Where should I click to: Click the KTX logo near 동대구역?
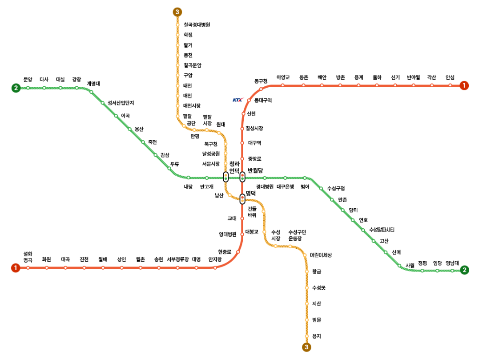pyautogui.click(x=238, y=100)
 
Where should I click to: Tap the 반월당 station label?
pyautogui.click(x=255, y=170)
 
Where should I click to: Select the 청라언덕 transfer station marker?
pyautogui.click(x=225, y=177)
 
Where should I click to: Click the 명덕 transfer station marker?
pyautogui.click(x=242, y=198)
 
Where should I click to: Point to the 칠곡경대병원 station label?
pyautogui.click(x=197, y=25)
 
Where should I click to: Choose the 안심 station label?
pyautogui.click(x=450, y=77)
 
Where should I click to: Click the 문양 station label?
pyautogui.click(x=28, y=80)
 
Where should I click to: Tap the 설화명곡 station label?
pyautogui.click(x=28, y=256)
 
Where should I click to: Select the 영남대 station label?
pyautogui.click(x=452, y=263)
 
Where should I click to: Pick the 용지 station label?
pyautogui.click(x=317, y=336)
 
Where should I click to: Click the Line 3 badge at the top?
pyautogui.click(x=177, y=12)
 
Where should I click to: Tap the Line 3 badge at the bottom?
pyautogui.click(x=306, y=347)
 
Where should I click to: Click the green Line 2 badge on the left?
pyautogui.click(x=16, y=88)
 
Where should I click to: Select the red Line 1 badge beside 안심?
pyautogui.click(x=464, y=85)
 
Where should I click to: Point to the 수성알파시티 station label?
pyautogui.click(x=382, y=230)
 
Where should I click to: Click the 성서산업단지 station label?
pyautogui.click(x=121, y=103)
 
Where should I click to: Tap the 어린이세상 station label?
pyautogui.click(x=321, y=255)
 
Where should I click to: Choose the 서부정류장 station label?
pyautogui.click(x=178, y=259)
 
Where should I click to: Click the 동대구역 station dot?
pyautogui.click(x=249, y=101)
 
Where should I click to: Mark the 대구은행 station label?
pyautogui.click(x=285, y=187)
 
